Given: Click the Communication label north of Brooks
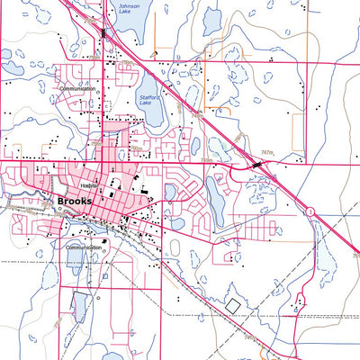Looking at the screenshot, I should (x=78, y=89).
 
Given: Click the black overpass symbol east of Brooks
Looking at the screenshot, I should (x=260, y=164).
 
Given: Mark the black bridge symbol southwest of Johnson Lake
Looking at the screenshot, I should (x=104, y=33).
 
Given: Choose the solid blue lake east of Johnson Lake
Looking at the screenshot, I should (x=211, y=20).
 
